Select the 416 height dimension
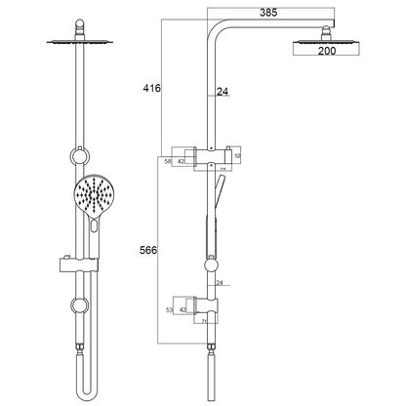click(x=150, y=88)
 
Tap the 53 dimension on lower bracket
click(x=169, y=309)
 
